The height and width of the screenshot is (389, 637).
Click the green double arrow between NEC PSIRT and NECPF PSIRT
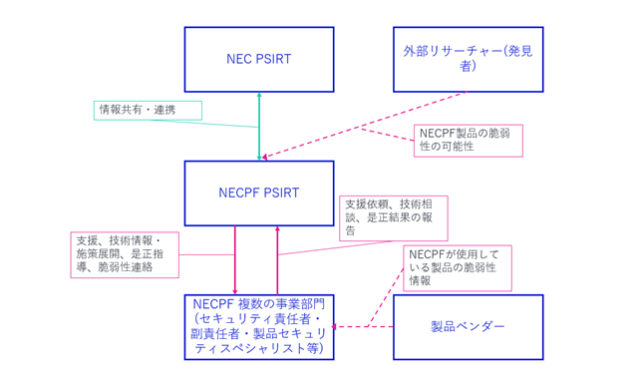coord(259,127)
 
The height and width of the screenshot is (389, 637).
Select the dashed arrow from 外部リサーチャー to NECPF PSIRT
coord(365,126)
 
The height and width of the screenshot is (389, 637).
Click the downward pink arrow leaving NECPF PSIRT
coord(235,260)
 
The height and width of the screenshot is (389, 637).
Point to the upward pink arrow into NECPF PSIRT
coord(277,260)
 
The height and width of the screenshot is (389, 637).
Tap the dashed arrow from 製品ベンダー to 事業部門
coord(363,326)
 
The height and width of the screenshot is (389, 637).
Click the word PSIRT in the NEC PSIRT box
coord(273,59)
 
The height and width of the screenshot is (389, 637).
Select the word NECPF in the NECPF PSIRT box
coord(234,194)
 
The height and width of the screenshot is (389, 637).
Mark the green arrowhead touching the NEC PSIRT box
coord(259,95)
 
